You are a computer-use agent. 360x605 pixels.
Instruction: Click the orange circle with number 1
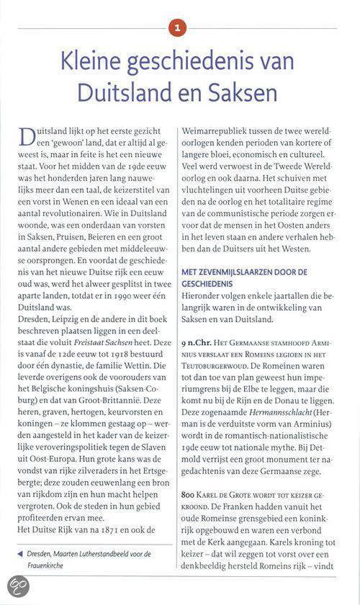tap(179, 29)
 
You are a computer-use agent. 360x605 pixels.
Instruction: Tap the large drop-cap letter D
tap(28, 139)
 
